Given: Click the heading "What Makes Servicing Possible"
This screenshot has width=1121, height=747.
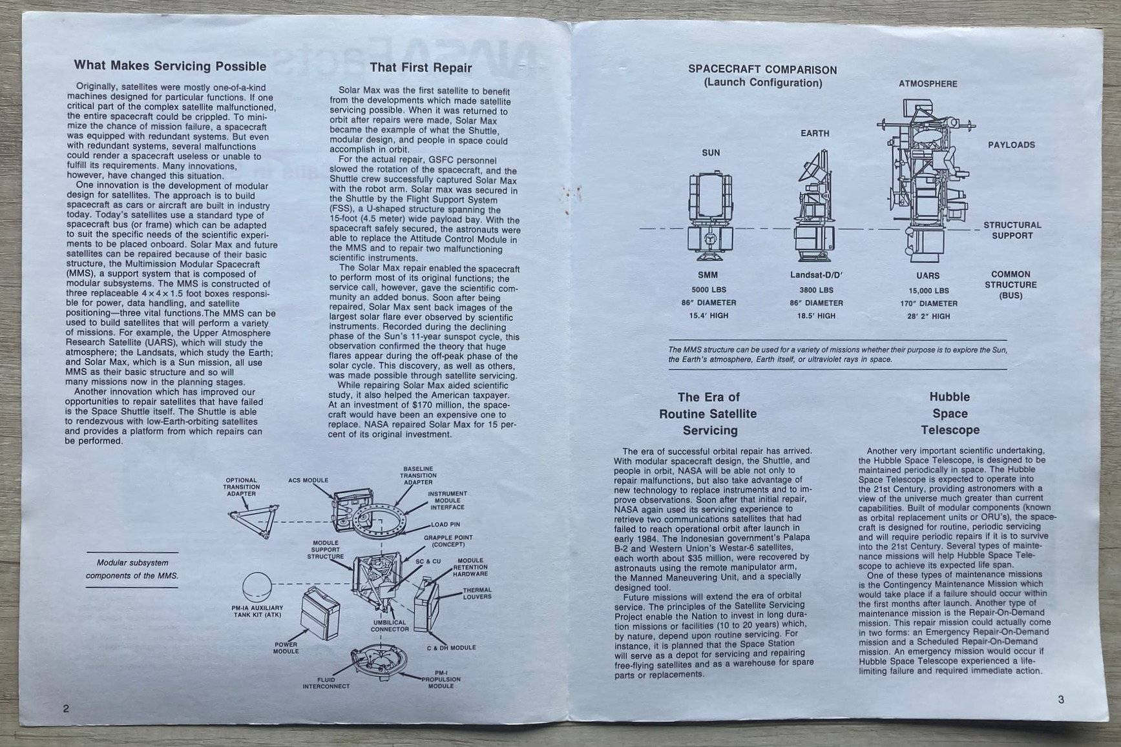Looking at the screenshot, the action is tap(170, 66).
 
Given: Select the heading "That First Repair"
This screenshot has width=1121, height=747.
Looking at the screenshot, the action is tap(421, 68).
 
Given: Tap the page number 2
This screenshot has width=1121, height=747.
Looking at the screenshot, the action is tap(65, 708).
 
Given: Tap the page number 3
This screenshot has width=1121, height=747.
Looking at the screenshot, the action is tap(1062, 699).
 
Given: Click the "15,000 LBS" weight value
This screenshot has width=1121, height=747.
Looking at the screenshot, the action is tap(928, 291).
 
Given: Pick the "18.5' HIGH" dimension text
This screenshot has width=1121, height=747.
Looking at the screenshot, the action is tap(816, 316).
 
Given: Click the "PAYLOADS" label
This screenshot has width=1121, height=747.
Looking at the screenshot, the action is tap(1011, 145).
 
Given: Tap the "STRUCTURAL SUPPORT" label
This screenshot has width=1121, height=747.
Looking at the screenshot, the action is tap(1012, 230).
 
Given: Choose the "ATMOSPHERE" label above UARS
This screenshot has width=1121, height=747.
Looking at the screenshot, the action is tap(928, 84).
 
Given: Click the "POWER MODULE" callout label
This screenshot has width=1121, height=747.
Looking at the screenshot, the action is tap(286, 648).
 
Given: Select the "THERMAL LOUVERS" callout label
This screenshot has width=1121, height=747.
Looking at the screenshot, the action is tap(477, 593).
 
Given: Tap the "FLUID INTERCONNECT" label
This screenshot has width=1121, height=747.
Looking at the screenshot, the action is tap(326, 682).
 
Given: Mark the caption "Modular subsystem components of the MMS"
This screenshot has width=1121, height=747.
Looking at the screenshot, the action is tap(132, 569).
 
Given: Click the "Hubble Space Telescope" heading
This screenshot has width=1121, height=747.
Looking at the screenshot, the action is tap(950, 413).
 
